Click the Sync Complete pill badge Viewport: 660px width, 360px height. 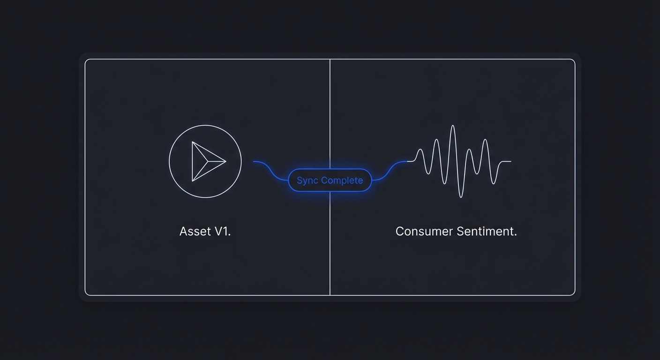coord(330,180)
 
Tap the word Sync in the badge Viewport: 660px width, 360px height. coord(307,180)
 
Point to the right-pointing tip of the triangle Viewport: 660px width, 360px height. coord(225,161)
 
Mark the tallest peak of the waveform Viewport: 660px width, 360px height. coord(452,126)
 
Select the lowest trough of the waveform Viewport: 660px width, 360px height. coord(461,197)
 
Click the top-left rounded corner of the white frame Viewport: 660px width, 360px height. coord(86,60)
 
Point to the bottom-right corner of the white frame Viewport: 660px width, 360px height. coord(573,294)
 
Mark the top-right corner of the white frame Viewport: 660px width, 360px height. coord(573,60)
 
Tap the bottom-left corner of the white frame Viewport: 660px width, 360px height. coord(86,294)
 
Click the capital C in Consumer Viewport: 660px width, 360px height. coord(400,231)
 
